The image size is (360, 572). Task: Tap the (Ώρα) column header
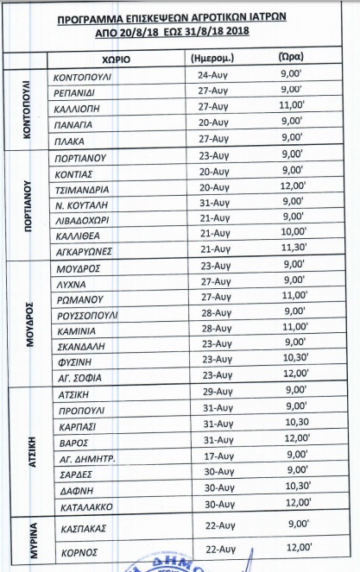click(x=292, y=59)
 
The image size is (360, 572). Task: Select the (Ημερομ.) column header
click(x=212, y=60)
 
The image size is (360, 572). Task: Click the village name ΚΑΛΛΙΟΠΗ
click(x=79, y=107)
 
